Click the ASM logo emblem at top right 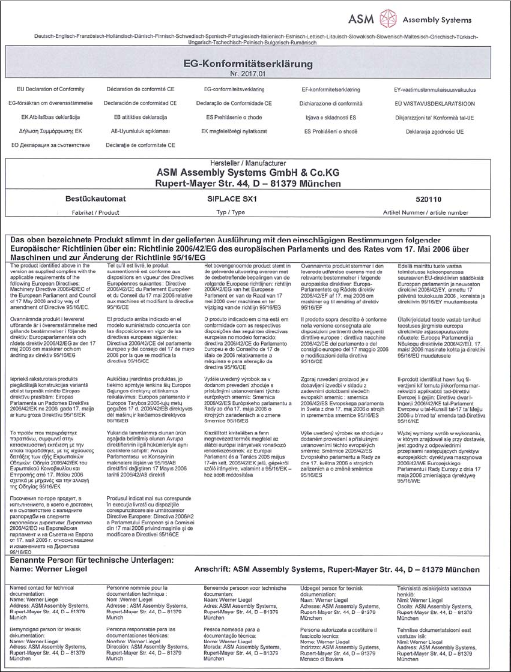coord(387,18)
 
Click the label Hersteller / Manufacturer coord(256,163)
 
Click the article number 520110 coord(426,198)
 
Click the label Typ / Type coord(231,212)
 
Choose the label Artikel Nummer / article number coord(425,212)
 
